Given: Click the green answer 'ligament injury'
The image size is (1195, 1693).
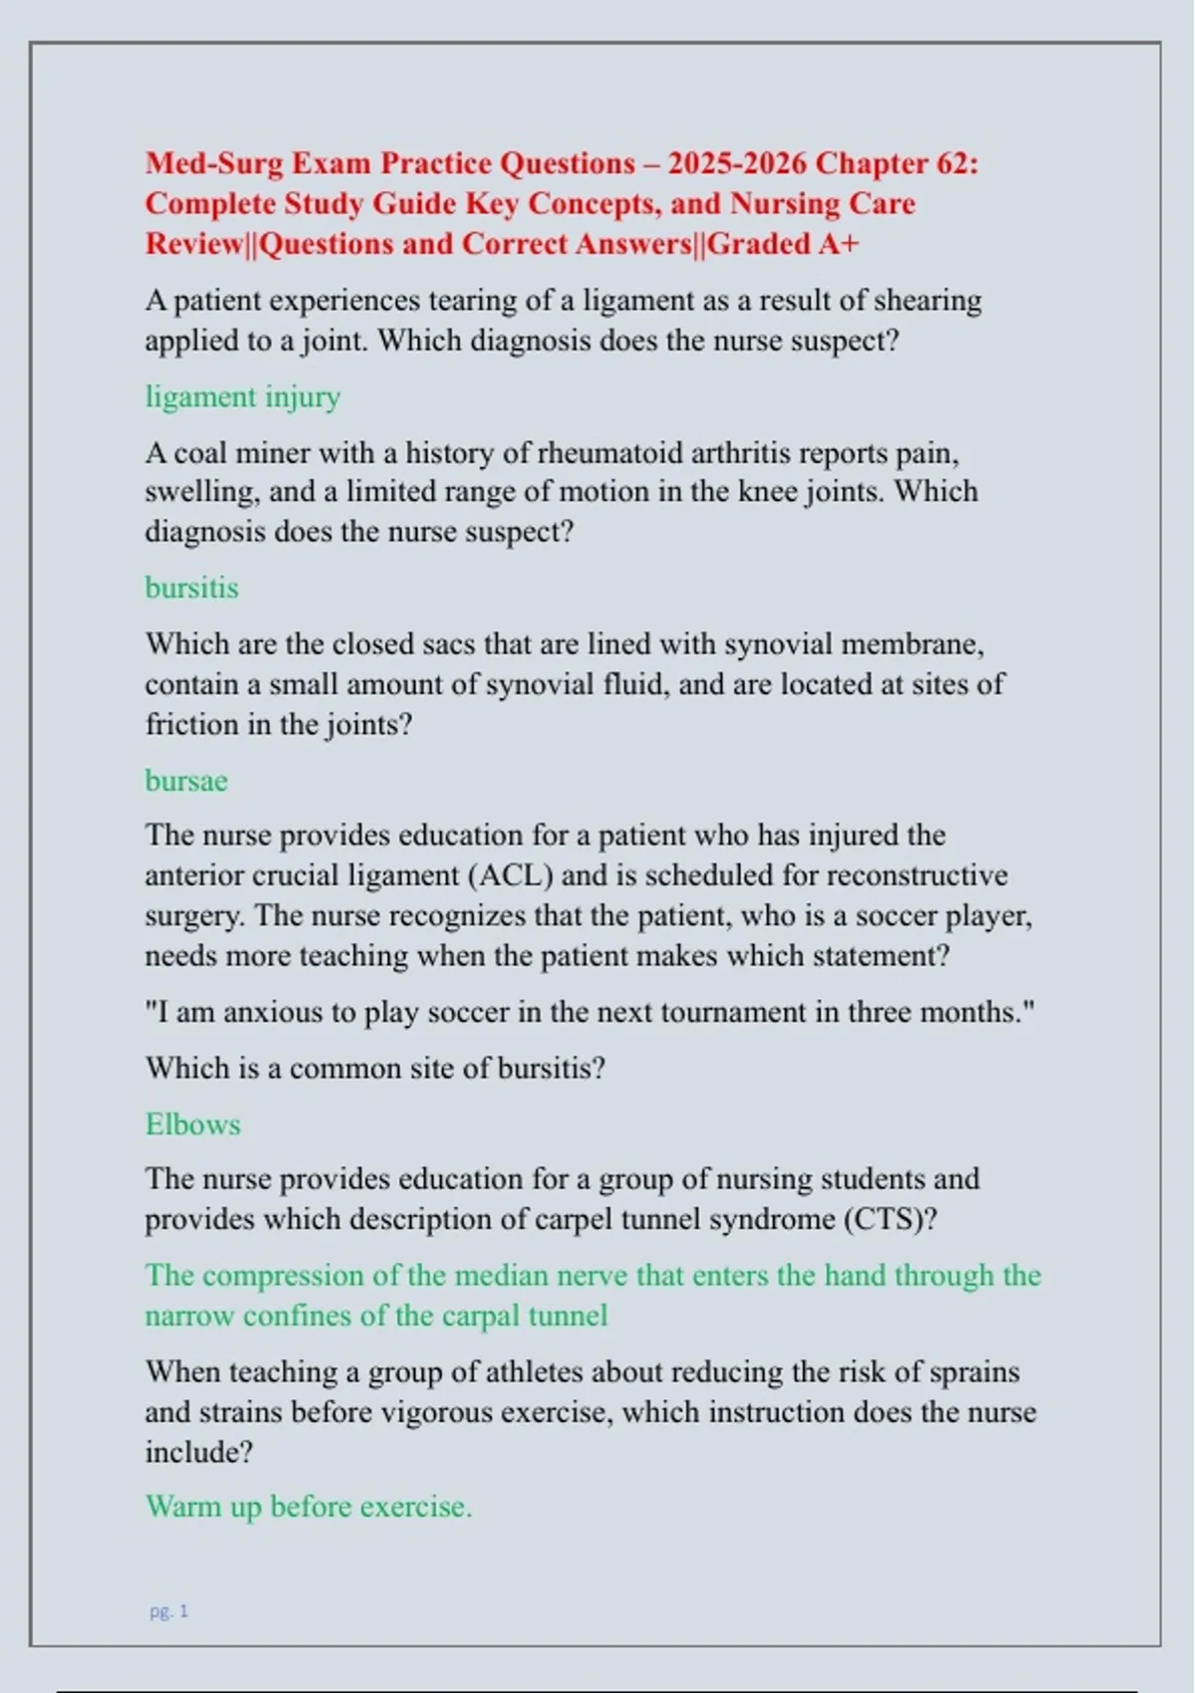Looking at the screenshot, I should tap(243, 397).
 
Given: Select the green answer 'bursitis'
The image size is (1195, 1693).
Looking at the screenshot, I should tap(192, 588).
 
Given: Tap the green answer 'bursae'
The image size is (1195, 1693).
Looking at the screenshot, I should tap(186, 781).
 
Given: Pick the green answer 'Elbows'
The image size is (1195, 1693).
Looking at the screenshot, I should tap(193, 1124).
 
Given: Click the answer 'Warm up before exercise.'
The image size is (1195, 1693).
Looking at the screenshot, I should tap(309, 1507).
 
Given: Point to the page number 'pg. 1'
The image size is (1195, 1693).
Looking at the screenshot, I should tap(169, 1610).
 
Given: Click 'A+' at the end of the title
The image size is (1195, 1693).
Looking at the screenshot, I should tap(837, 244).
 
